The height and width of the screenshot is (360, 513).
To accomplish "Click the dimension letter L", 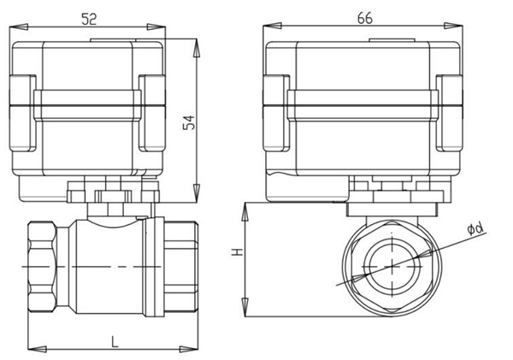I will coord(114,340).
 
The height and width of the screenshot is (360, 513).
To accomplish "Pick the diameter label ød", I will coord(475,228).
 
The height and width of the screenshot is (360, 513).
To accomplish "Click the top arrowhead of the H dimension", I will coord(245,208).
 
